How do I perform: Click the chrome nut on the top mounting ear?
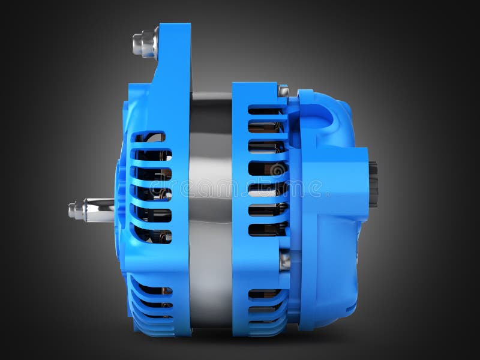click(x=144, y=43)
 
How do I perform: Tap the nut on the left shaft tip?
click(x=75, y=210)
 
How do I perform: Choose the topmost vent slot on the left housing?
click(x=150, y=137)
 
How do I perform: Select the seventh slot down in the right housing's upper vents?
click(x=268, y=229)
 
